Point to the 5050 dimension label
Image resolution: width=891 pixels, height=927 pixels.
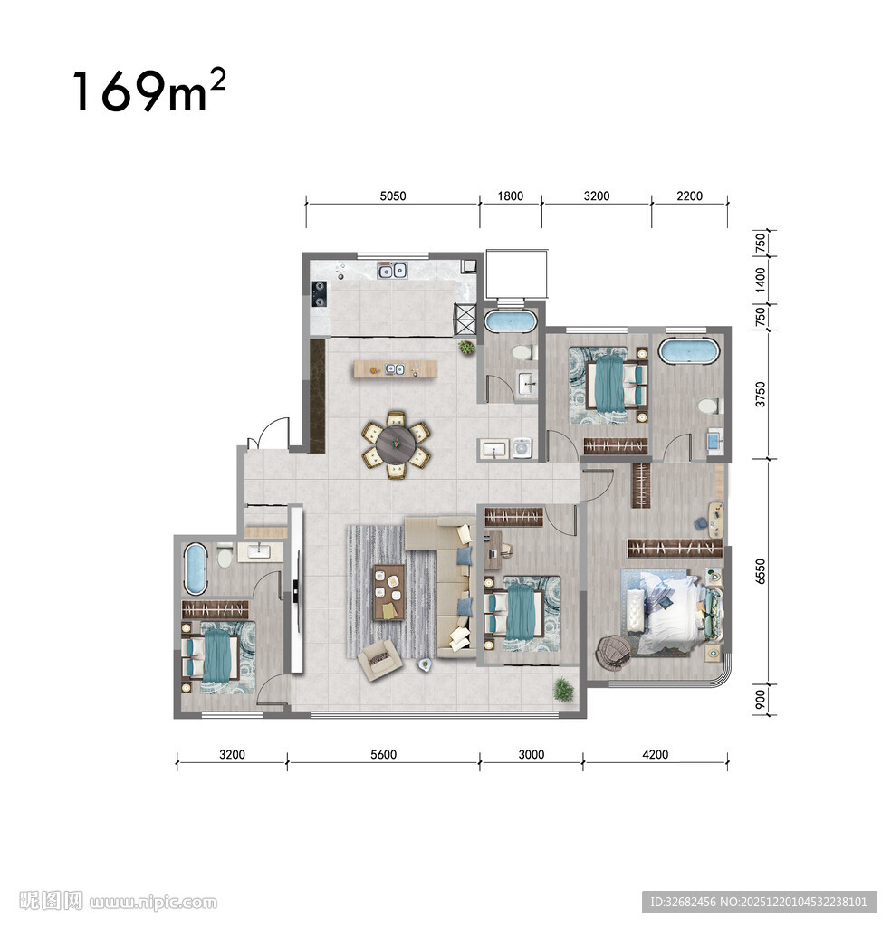[x=393, y=196]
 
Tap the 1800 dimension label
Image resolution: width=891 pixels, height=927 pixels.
[x=510, y=196]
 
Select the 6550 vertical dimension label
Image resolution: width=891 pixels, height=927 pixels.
[x=761, y=572]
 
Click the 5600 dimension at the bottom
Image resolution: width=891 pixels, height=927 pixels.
[x=383, y=754]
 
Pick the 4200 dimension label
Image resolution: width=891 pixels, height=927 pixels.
[x=655, y=754]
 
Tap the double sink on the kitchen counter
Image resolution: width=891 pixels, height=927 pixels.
[x=392, y=271]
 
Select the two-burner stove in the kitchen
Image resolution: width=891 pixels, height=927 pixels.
[x=320, y=294]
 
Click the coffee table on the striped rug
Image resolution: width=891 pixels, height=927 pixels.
[x=389, y=592]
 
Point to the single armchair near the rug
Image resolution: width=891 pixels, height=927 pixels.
[x=380, y=659]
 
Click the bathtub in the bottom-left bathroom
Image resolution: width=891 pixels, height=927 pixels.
[x=195, y=569]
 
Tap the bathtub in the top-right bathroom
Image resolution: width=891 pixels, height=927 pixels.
[x=689, y=351]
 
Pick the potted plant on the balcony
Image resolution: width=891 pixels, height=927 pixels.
[x=563, y=690]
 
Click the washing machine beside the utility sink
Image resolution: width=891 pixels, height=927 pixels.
[x=522, y=449]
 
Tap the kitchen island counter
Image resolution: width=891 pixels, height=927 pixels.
[x=396, y=369]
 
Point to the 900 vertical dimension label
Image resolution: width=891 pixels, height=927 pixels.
[x=761, y=700]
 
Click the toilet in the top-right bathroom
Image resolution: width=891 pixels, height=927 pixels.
[x=708, y=406]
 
